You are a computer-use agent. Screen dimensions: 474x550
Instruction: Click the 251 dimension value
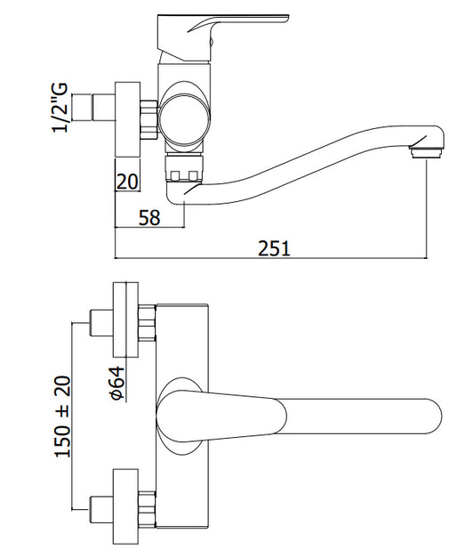274,248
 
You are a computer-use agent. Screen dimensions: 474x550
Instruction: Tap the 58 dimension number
149,217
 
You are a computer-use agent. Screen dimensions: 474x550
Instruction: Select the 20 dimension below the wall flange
127,182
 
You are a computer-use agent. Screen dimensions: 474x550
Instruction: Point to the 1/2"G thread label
60,108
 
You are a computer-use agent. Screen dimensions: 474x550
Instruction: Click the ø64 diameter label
117,383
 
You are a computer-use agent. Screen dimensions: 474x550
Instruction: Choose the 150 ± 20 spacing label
63,417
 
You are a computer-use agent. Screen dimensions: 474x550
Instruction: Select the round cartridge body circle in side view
184,117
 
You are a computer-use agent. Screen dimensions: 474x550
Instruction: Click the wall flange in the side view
128,119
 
